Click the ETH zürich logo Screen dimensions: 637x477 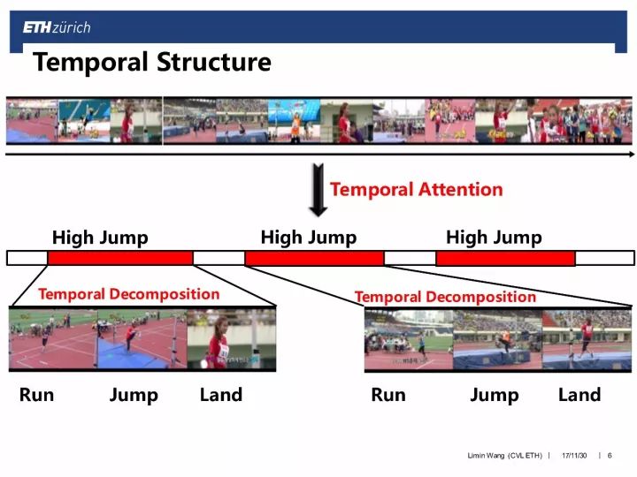pyautogui.click(x=57, y=27)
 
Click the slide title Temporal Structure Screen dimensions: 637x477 pyautogui.click(x=151, y=63)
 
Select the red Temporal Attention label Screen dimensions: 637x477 pyautogui.click(x=416, y=189)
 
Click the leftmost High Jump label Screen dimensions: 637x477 pyautogui.click(x=100, y=238)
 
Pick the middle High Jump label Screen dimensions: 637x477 pyautogui.click(x=309, y=238)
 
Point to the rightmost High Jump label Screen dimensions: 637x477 pyautogui.click(x=494, y=238)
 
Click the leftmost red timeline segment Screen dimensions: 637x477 pyautogui.click(x=120, y=258)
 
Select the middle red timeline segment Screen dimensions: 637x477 pyautogui.click(x=314, y=258)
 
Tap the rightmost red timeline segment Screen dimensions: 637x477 pyautogui.click(x=506, y=258)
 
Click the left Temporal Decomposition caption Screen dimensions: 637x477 pyautogui.click(x=129, y=293)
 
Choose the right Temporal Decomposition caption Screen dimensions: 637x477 pyautogui.click(x=445, y=297)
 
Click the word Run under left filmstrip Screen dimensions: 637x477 pyautogui.click(x=36, y=395)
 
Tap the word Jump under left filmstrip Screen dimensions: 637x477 pyautogui.click(x=134, y=396)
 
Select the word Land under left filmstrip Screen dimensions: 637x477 pyautogui.click(x=221, y=395)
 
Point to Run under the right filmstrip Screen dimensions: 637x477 pyautogui.click(x=388, y=395)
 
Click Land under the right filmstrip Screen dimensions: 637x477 pyautogui.click(x=579, y=395)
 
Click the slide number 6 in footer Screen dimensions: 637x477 pyautogui.click(x=610, y=455)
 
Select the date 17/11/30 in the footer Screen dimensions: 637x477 pyautogui.click(x=574, y=455)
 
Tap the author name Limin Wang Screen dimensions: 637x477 pyautogui.click(x=487, y=455)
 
